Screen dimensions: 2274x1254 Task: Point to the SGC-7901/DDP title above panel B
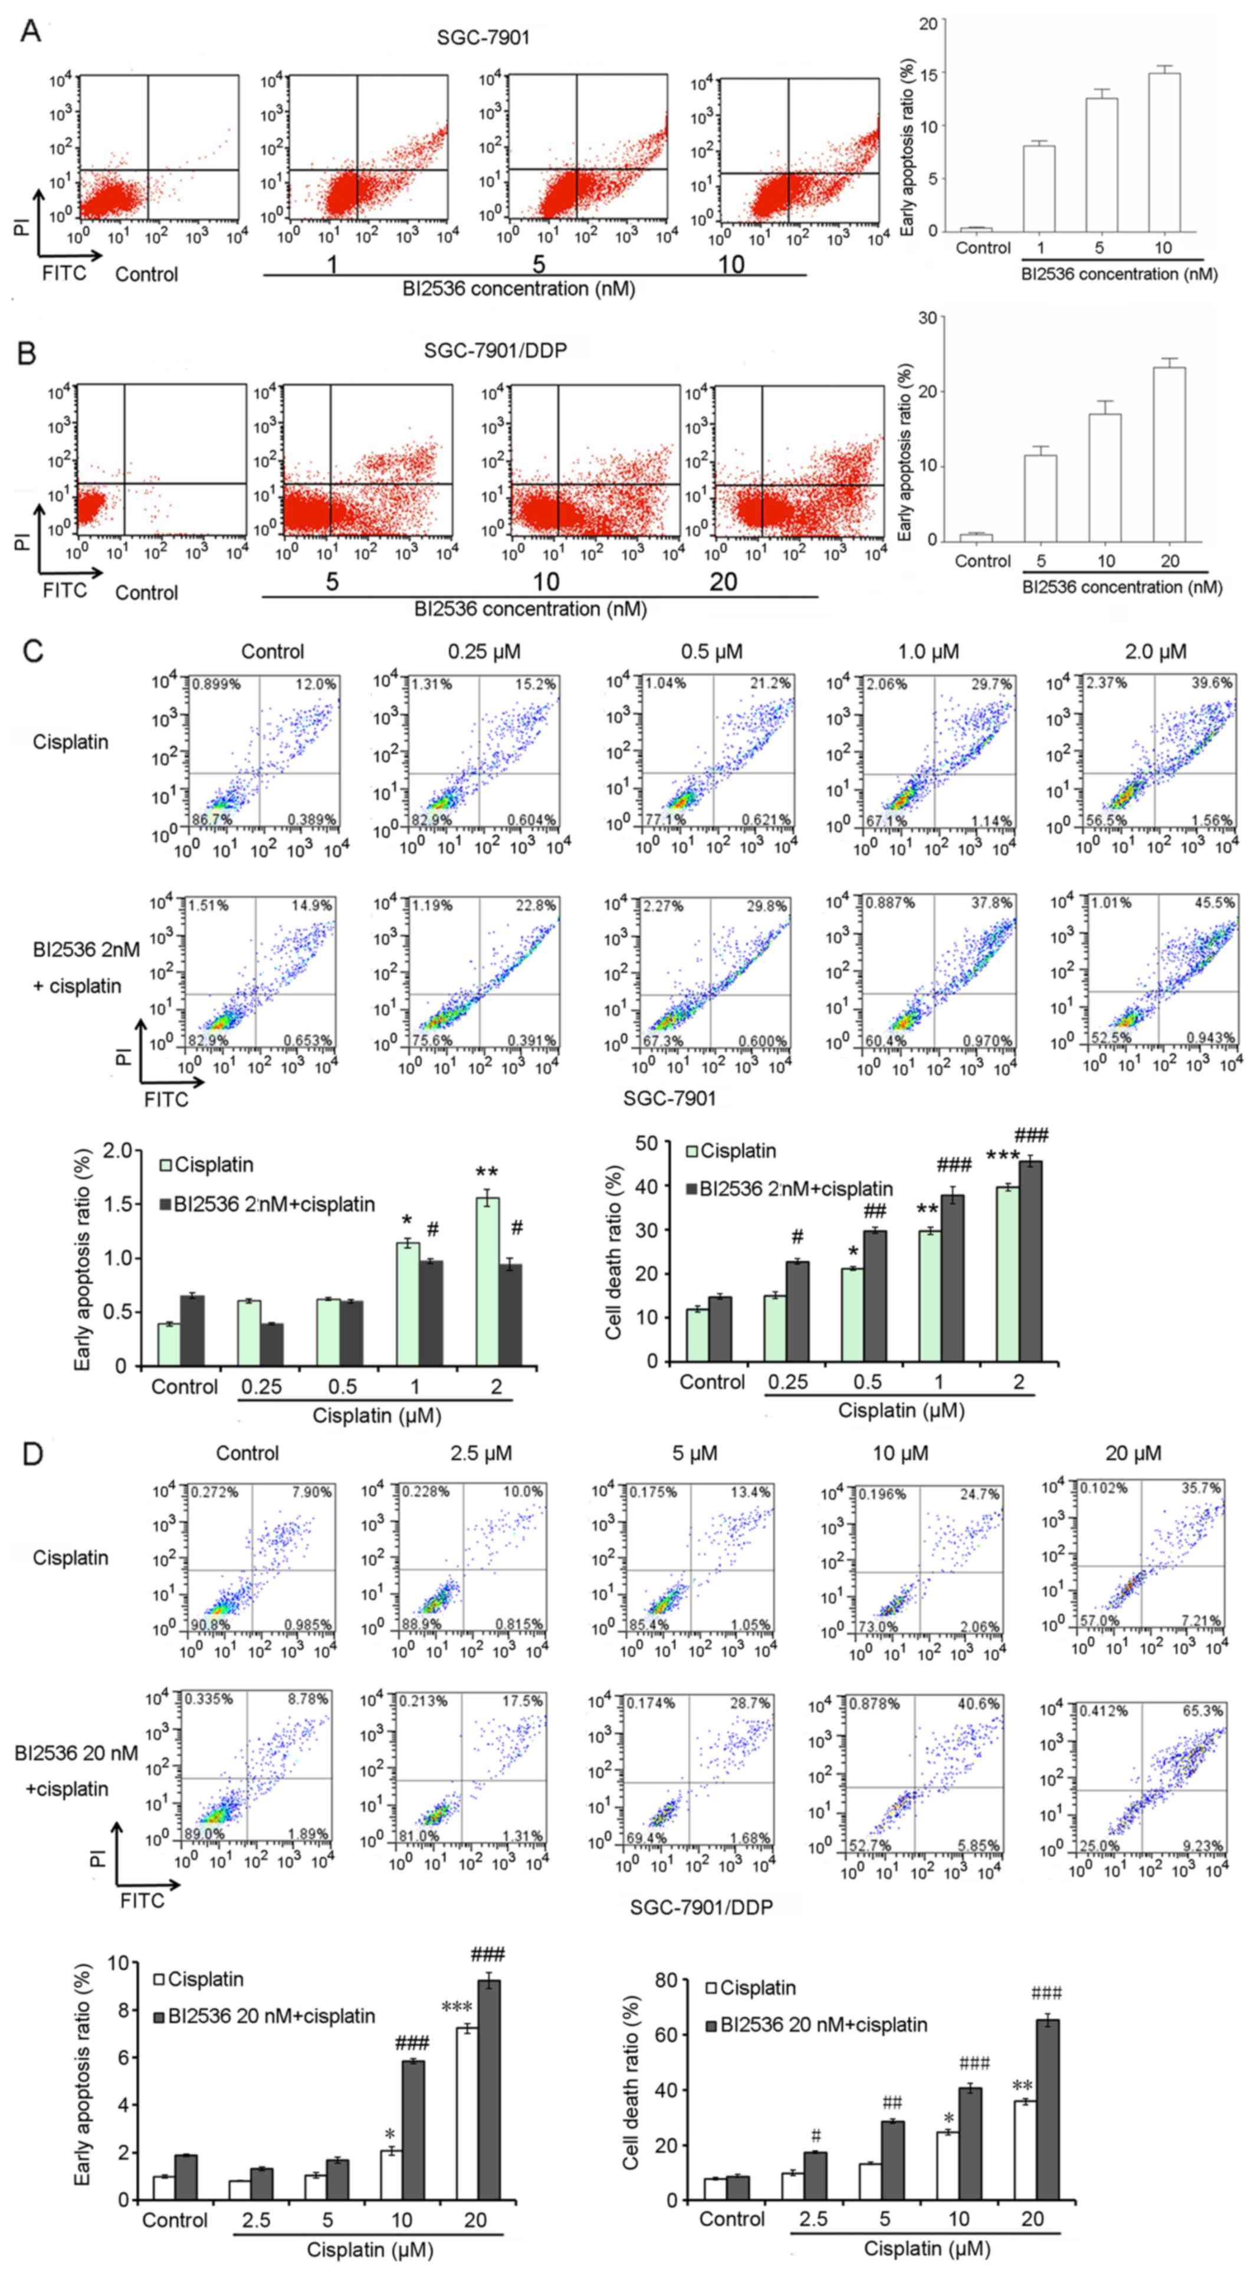pyautogui.click(x=494, y=350)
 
